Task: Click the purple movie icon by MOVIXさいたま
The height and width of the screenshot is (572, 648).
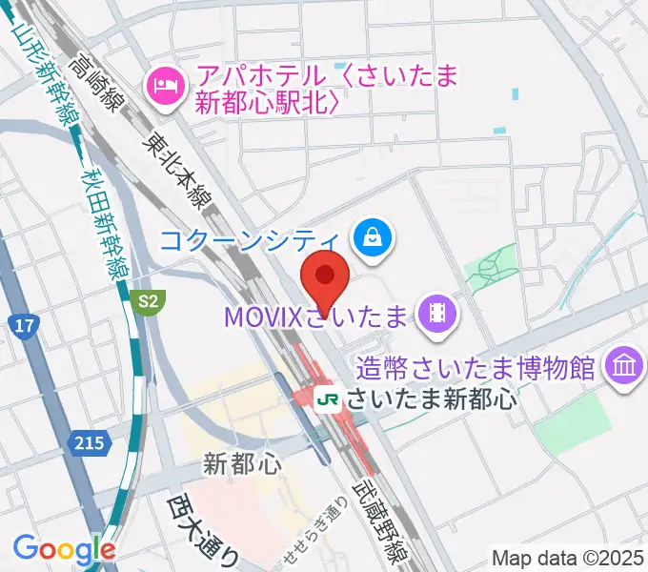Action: (x=437, y=314)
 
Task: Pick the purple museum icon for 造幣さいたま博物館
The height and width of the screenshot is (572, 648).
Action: (x=624, y=365)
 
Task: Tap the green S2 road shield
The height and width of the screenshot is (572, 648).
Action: (x=146, y=302)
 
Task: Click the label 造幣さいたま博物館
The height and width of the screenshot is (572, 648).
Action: (x=476, y=366)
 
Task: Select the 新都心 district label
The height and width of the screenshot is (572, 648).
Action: (x=243, y=464)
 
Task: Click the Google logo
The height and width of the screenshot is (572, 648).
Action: (x=63, y=548)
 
